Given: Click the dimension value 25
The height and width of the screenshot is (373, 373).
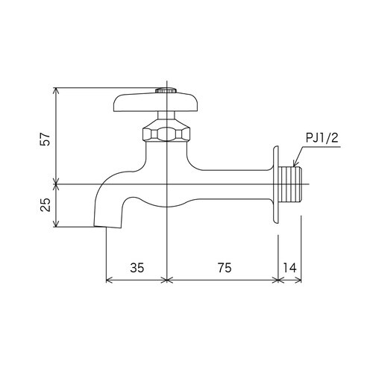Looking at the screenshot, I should [45, 205].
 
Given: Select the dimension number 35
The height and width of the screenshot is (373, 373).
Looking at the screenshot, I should [137, 267].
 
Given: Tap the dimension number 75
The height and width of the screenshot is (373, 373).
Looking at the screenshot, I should [222, 267].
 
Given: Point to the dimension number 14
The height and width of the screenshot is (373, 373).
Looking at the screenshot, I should [290, 267].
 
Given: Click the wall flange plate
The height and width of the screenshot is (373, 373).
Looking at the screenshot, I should [277, 183].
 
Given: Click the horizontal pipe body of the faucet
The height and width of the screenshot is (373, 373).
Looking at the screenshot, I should [231, 184].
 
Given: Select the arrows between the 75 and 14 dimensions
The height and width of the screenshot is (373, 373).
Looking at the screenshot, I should [278, 280].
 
